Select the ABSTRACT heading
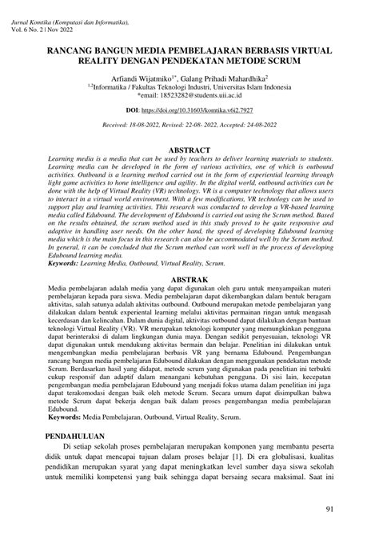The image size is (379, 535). (189, 150)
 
